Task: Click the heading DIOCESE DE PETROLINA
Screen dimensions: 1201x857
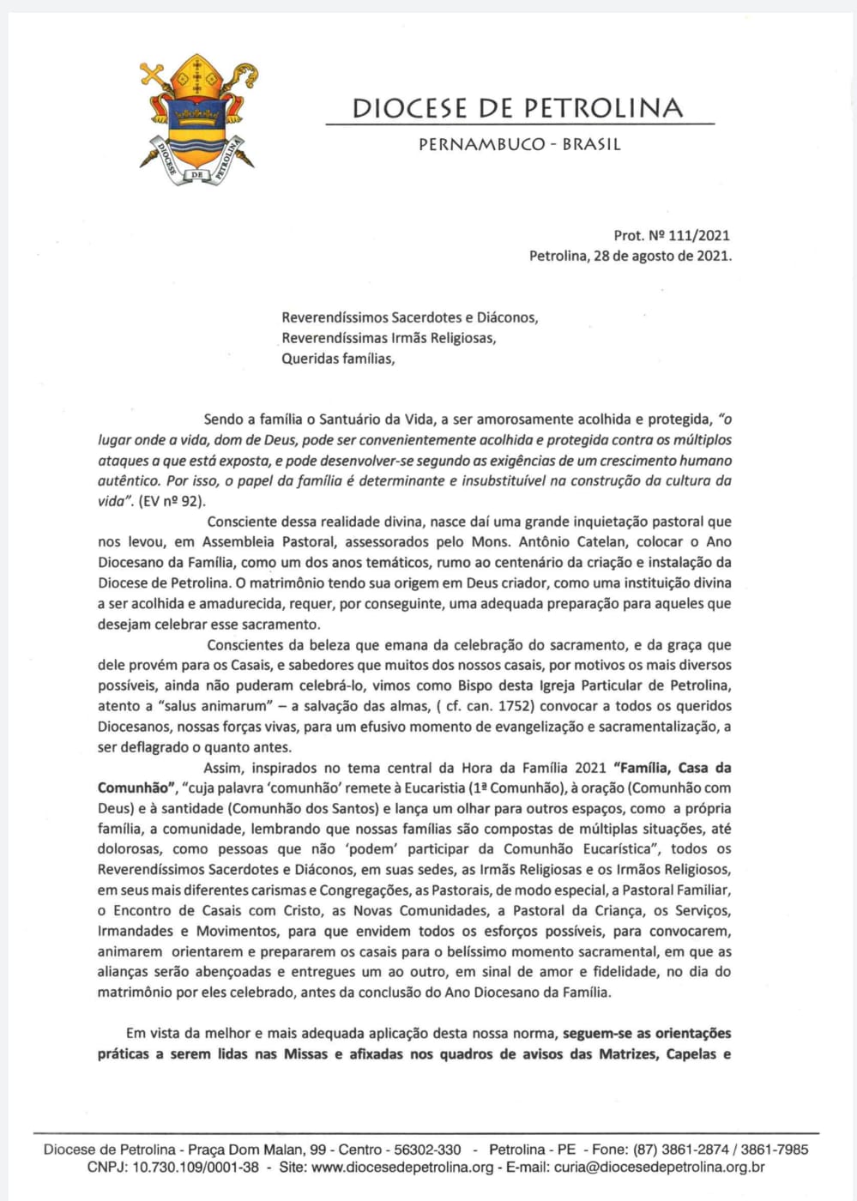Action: [518, 108]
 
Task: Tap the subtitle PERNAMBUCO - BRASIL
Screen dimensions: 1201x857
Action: [519, 145]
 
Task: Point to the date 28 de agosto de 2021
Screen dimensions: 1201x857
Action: [661, 256]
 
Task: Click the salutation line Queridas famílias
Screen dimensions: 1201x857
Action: [338, 359]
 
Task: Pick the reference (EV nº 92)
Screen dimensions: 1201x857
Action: [172, 502]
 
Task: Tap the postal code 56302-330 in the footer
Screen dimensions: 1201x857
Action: [427, 1150]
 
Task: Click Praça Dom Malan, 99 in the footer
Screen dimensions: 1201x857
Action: [257, 1150]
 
